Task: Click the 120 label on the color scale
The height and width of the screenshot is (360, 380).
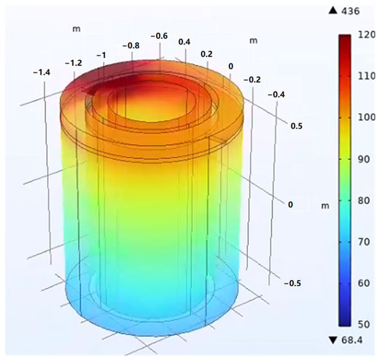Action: pyautogui.click(x=366, y=35)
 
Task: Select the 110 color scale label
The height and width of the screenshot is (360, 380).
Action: pyautogui.click(x=366, y=76)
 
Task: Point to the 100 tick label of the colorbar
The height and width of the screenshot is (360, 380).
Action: pyautogui.click(x=366, y=117)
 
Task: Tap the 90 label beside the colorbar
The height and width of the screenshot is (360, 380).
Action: pyautogui.click(x=363, y=160)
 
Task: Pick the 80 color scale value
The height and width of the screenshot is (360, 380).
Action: pyautogui.click(x=363, y=200)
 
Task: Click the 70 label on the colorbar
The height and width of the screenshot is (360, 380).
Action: pyautogui.click(x=363, y=242)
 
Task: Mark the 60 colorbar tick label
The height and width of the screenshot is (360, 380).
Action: pyautogui.click(x=363, y=283)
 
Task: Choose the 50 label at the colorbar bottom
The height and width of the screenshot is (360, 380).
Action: pyautogui.click(x=363, y=324)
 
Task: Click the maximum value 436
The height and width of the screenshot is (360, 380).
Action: pyautogui.click(x=350, y=11)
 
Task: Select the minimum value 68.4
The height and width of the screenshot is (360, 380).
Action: pyautogui.click(x=352, y=340)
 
